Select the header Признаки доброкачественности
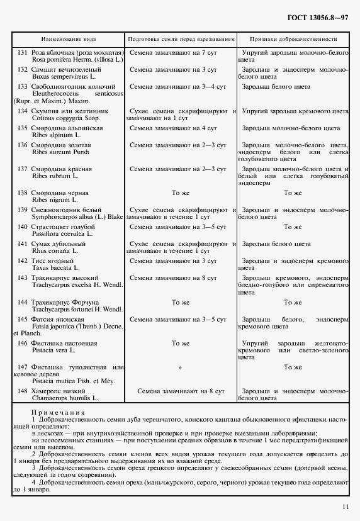[293, 38]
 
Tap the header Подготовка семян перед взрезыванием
[181, 38]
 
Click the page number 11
[345, 507]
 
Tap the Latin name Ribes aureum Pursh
[60, 152]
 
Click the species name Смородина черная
[60, 193]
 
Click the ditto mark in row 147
[181, 367]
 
